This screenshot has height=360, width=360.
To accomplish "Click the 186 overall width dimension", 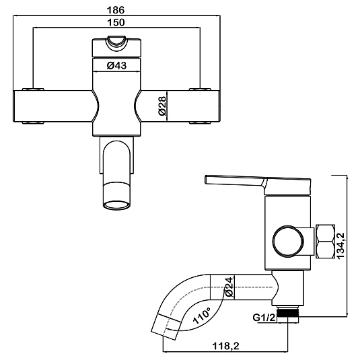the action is pos(116,10).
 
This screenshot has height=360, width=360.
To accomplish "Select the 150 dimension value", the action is pos(116,22).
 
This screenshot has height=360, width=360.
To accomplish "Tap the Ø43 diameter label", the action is pos(116,66).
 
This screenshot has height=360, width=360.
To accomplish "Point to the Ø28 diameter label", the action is pos(161,106).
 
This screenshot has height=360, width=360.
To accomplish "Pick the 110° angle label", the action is pos(202,316).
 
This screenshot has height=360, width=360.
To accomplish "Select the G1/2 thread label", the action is pos(264,318).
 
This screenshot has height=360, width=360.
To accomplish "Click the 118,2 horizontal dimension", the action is pos(225,346).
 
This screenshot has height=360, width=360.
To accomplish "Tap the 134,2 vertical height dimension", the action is pos(340,246).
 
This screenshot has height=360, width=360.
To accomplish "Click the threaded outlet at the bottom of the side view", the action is pos(288,312).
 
